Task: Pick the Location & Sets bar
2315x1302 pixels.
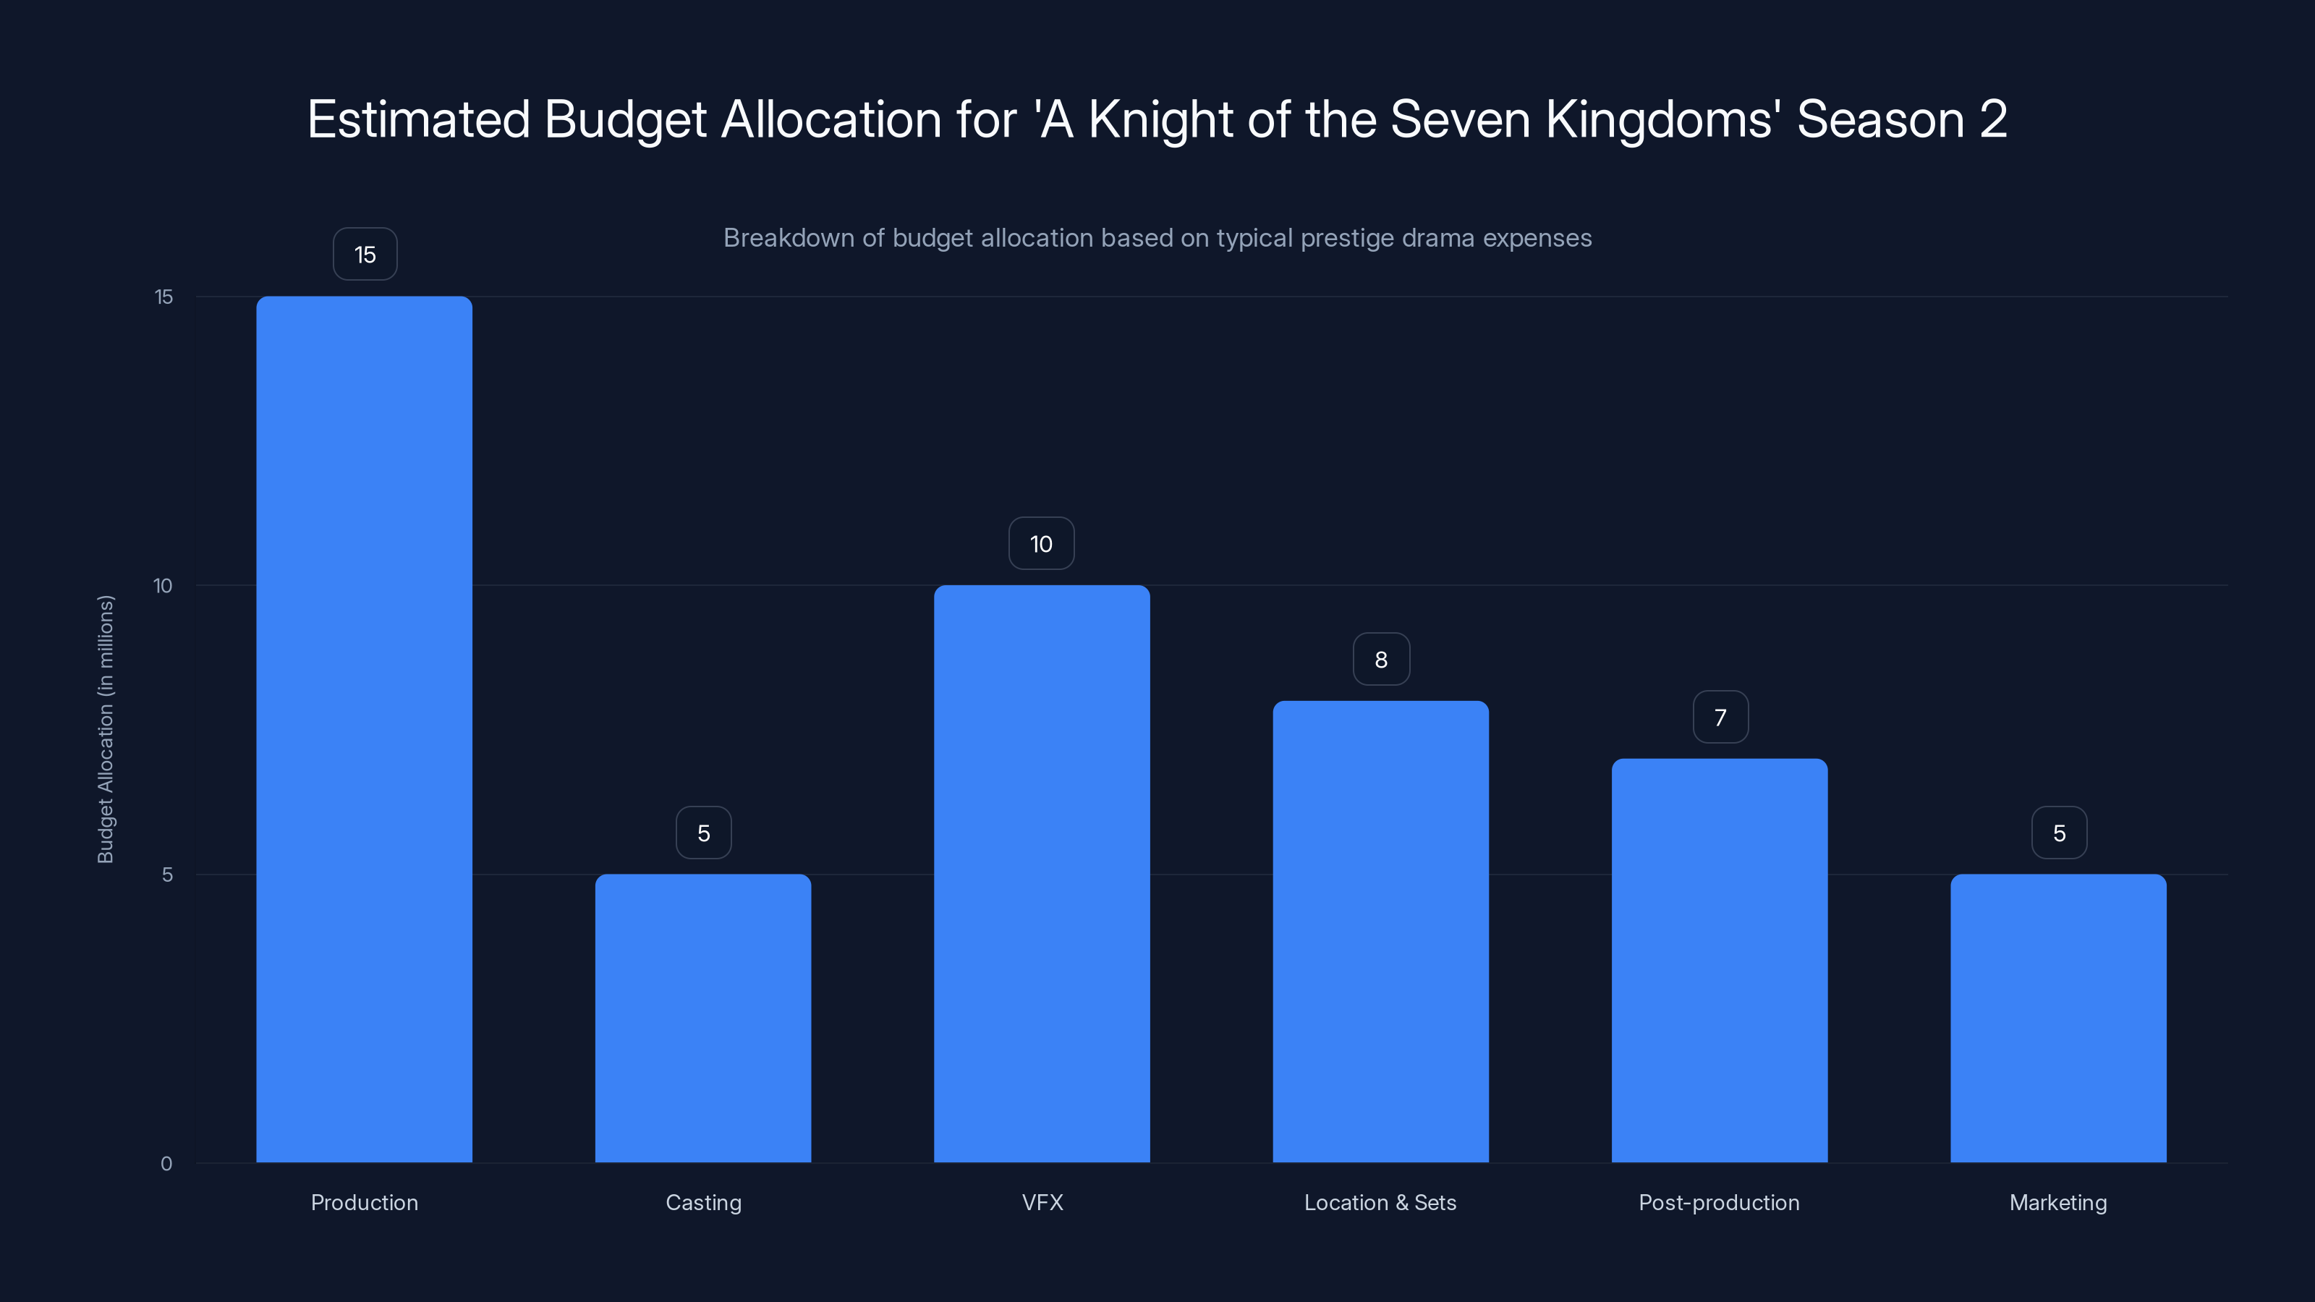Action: coord(1380,931)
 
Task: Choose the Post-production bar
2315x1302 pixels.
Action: coord(1719,960)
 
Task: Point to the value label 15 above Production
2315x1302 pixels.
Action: coord(365,255)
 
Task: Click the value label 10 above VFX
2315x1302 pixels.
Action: coord(1041,544)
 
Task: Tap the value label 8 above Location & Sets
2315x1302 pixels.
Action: coord(1381,660)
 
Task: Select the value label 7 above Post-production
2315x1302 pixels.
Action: coord(1720,717)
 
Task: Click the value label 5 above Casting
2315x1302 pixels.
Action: coord(704,833)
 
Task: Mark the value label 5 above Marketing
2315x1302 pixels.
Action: coord(2059,833)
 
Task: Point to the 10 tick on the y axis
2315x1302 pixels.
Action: coord(163,586)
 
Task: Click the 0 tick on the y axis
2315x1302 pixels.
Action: coord(166,1164)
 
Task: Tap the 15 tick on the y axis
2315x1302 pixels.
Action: coord(163,297)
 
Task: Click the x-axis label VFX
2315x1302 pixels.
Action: coord(1042,1202)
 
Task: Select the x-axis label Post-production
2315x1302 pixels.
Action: coord(1719,1202)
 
